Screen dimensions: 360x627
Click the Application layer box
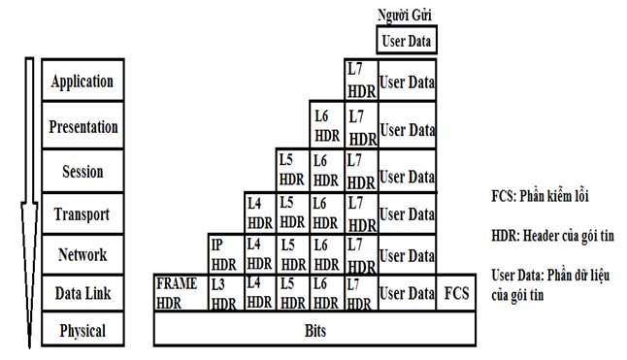point(83,82)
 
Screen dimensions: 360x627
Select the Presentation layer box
point(83,127)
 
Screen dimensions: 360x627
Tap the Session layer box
point(83,172)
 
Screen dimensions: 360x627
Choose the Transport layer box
point(83,214)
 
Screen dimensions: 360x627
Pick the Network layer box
point(83,256)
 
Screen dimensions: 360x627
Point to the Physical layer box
point(83,331)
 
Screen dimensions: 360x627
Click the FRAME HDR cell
point(177,293)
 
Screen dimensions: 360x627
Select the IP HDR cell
point(224,254)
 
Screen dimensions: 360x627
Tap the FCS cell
point(456,293)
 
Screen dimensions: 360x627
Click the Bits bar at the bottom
point(314,331)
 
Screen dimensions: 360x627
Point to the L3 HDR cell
point(224,293)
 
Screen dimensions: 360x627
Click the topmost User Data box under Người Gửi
point(408,41)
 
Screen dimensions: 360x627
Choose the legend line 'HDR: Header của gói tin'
point(550,235)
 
